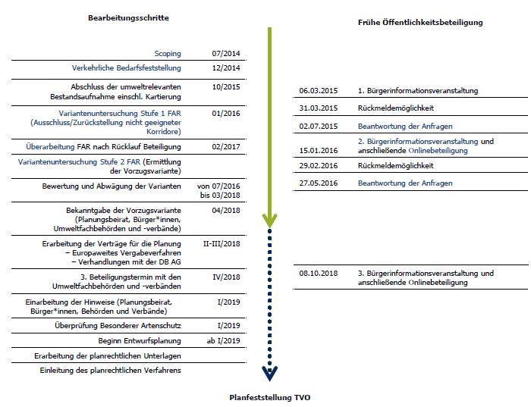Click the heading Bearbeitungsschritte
(128, 17)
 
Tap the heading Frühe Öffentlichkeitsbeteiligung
(420, 23)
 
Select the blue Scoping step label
(168, 54)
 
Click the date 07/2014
(226, 54)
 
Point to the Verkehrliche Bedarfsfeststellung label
(127, 68)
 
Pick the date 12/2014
(226, 68)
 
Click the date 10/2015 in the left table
(226, 87)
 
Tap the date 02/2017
(226, 146)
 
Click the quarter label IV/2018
(226, 277)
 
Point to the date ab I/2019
(226, 340)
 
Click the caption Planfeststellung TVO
(270, 397)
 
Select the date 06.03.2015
(318, 91)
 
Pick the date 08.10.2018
(318, 273)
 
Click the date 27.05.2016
(318, 183)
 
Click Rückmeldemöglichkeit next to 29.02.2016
(395, 165)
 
